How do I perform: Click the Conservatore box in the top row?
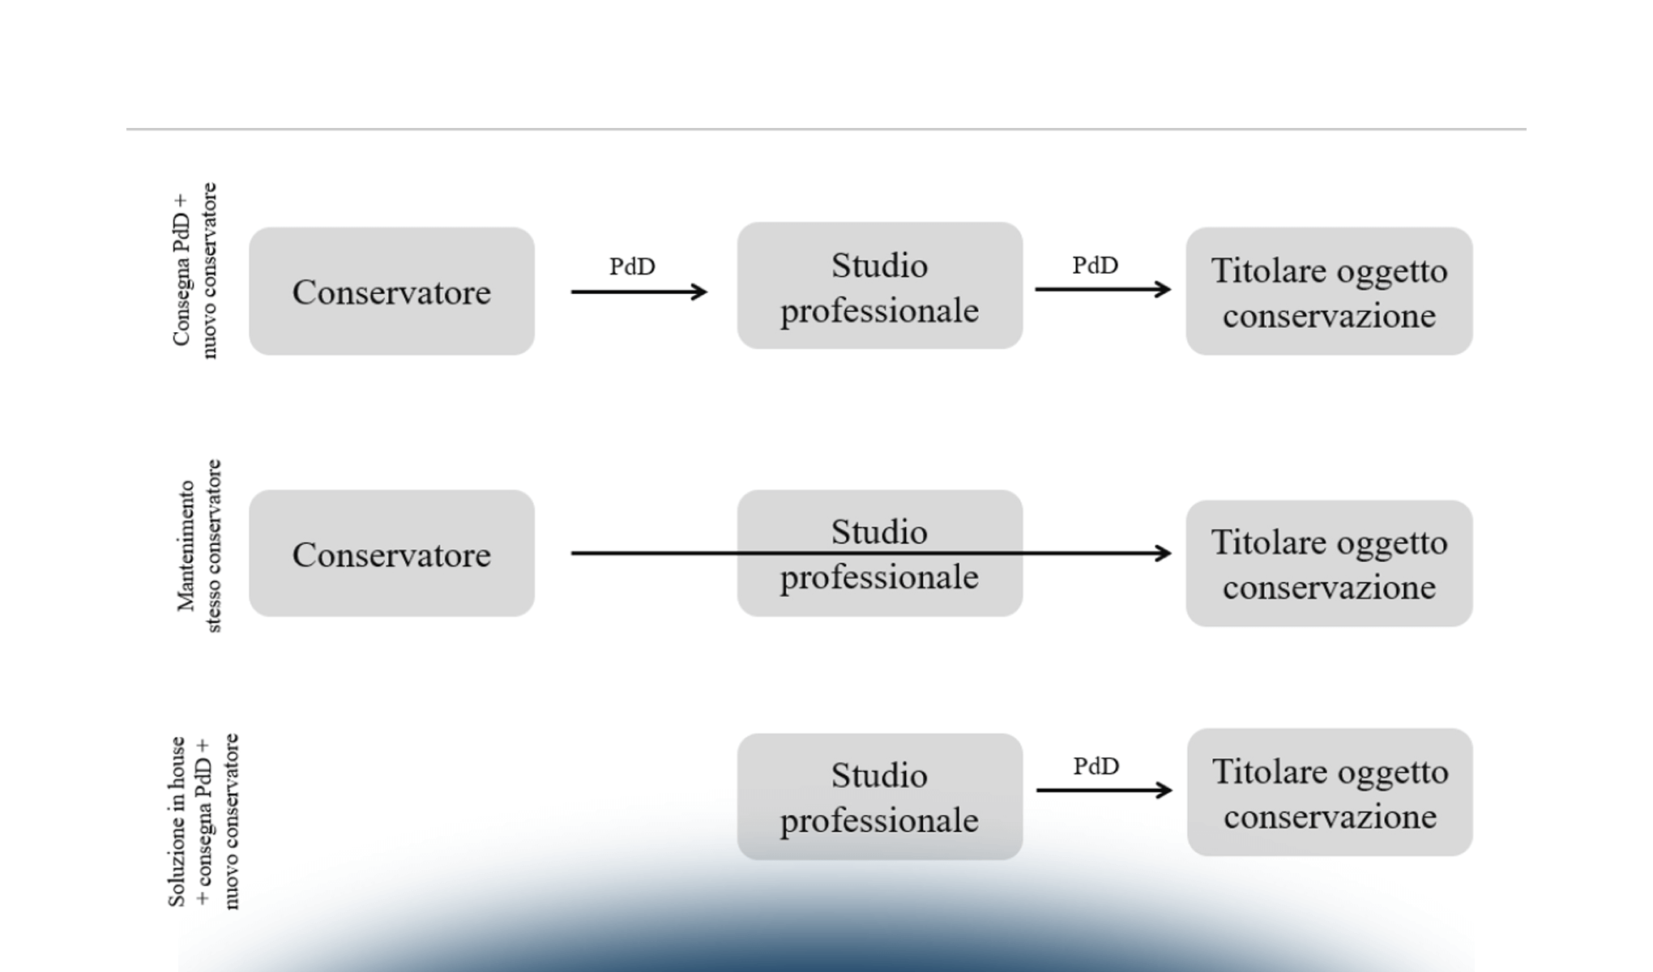(x=391, y=292)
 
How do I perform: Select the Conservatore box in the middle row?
(x=391, y=554)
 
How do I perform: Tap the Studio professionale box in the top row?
(x=879, y=286)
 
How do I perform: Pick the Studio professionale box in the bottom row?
(x=879, y=797)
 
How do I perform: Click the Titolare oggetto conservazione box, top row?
(x=1329, y=292)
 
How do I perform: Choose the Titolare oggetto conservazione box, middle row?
(x=1329, y=564)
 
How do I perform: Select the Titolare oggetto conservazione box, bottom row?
(x=1330, y=792)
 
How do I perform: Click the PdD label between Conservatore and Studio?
(x=632, y=266)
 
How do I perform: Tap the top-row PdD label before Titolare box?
(x=1096, y=265)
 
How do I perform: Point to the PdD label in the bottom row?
(x=1096, y=765)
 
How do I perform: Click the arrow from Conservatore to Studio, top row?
(x=639, y=292)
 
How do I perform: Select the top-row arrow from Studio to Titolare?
(x=1102, y=289)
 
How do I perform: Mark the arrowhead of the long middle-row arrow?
(x=1164, y=553)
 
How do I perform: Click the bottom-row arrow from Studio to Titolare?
(x=1104, y=790)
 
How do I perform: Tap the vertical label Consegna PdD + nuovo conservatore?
(x=194, y=271)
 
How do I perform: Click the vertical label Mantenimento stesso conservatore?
(x=199, y=546)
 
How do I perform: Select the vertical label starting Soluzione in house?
(x=203, y=821)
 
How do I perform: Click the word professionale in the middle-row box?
(x=879, y=578)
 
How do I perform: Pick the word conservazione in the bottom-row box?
(x=1330, y=816)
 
